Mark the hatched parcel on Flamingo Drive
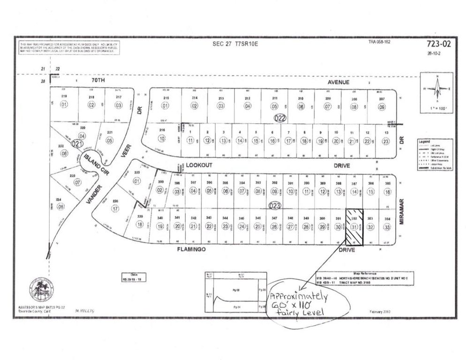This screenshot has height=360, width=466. tap(354, 226)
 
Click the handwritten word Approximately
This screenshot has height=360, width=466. tap(298, 298)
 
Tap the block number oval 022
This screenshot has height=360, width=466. tap(280, 119)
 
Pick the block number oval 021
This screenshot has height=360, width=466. tap(77, 144)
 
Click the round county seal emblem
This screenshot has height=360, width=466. tap(41, 289)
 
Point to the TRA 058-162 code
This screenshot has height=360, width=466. tap(379, 42)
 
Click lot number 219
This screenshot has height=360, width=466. tap(64, 97)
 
